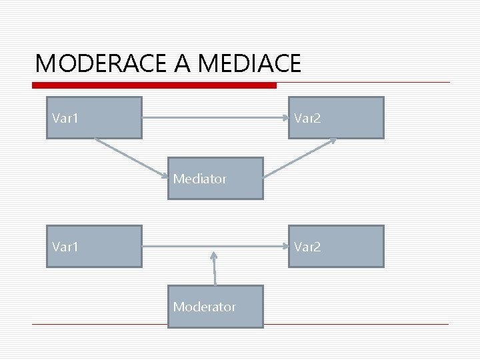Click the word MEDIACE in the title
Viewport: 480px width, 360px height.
point(249,63)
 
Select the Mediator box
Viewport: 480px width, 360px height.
point(215,179)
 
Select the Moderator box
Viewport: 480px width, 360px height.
point(215,307)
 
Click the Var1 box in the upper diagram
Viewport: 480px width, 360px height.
point(94,117)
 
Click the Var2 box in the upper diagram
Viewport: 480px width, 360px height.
point(336,117)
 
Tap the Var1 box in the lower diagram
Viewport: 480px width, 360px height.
point(94,246)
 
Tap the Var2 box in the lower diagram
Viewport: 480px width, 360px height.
point(336,246)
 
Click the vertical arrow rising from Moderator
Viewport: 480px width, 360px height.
point(215,269)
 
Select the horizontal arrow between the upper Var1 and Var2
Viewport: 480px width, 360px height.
point(215,118)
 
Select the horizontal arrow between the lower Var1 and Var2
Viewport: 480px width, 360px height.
point(215,246)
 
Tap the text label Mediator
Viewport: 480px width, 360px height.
point(200,179)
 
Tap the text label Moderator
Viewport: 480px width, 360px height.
point(204,307)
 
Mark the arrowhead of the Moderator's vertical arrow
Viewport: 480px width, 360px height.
point(214,254)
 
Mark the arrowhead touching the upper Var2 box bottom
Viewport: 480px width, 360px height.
point(332,141)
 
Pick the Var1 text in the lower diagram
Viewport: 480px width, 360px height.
point(65,246)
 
